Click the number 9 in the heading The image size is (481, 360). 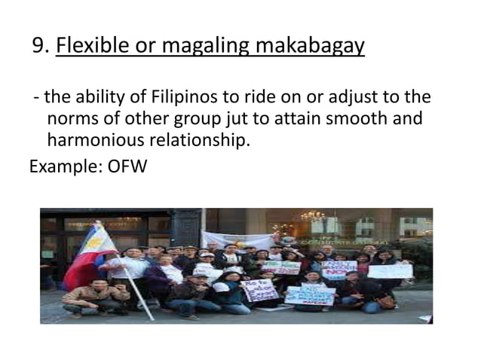click(x=39, y=47)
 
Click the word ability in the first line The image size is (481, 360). click(x=100, y=98)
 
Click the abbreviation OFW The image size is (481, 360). click(x=127, y=166)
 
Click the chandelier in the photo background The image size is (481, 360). click(x=311, y=218)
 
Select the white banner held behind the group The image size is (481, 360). click(x=241, y=240)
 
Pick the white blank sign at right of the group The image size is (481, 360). click(x=390, y=270)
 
